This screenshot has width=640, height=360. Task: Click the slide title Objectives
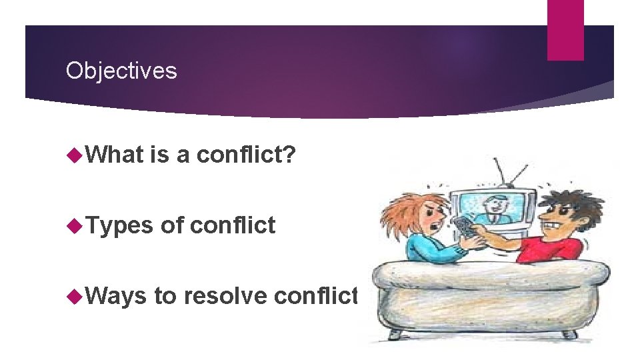(x=121, y=70)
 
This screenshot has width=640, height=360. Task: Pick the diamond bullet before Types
(x=73, y=225)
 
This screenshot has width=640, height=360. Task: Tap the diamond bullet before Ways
(x=73, y=295)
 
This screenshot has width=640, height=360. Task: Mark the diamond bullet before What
(x=73, y=155)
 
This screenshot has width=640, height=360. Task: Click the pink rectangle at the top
(x=565, y=29)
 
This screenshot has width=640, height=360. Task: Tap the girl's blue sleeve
(x=427, y=250)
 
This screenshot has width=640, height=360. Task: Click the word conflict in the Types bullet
(x=233, y=225)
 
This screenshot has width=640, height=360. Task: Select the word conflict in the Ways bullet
(x=317, y=295)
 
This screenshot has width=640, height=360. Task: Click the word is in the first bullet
(x=160, y=155)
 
